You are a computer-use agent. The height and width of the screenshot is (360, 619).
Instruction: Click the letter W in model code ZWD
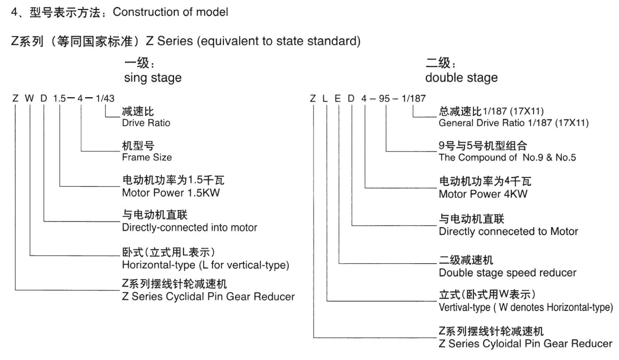pos(29,98)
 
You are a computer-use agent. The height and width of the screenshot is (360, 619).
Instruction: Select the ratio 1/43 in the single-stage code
pos(105,98)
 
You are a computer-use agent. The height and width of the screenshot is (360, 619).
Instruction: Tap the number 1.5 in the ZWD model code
pos(60,98)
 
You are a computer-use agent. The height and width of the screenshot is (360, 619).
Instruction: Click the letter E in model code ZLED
pos(338,98)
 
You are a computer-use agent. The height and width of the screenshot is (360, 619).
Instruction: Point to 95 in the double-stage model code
pos(385,98)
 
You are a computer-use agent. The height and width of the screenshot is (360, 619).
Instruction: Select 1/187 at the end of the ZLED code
pos(414,98)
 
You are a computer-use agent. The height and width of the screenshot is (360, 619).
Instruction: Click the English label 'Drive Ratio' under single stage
pos(146,123)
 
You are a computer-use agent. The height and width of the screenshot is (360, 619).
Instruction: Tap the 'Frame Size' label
pos(147,158)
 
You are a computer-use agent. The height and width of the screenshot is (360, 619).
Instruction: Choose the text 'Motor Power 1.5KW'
pos(171,193)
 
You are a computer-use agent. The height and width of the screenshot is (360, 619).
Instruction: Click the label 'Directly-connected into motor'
pos(189,228)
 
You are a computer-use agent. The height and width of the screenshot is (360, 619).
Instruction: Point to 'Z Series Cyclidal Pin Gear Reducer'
pos(208,297)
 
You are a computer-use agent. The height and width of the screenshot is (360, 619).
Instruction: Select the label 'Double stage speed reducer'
pos(507,273)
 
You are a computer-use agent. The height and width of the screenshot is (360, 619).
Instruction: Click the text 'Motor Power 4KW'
pos(483,194)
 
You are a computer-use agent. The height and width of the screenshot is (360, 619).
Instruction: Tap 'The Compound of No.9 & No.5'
pos(507,158)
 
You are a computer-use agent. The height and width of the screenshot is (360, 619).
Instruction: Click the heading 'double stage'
pos(461,78)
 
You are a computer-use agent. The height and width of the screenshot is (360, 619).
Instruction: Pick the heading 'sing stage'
pos(152,78)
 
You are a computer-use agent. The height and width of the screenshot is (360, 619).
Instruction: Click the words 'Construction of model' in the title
pos(170,12)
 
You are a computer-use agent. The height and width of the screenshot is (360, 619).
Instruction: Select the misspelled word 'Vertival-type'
pos(464,308)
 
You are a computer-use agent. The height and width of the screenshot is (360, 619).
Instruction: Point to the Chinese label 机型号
pos(138,146)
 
